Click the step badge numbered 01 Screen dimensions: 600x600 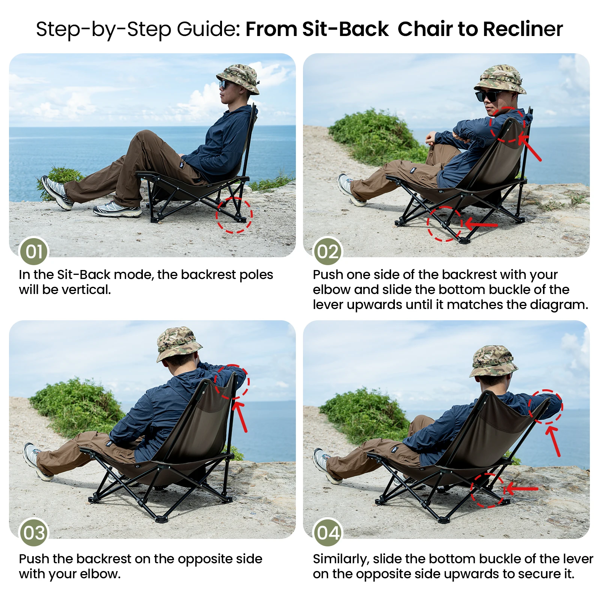pyautogui.click(x=34, y=251)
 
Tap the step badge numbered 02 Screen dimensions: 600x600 pyautogui.click(x=328, y=252)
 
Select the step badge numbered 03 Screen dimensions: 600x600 pyautogui.click(x=34, y=532)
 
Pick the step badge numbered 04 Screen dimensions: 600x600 pyautogui.click(x=328, y=532)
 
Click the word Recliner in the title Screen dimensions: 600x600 pyautogui.click(x=523, y=29)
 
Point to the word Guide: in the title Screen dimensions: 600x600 pyautogui.click(x=208, y=29)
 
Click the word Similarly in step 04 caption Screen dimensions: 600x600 pyautogui.click(x=339, y=559)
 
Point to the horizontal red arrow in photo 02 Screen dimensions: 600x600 pyautogui.click(x=481, y=225)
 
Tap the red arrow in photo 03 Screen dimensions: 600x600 pyautogui.click(x=240, y=416)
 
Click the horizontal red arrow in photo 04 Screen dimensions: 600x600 pyautogui.click(x=521, y=489)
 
